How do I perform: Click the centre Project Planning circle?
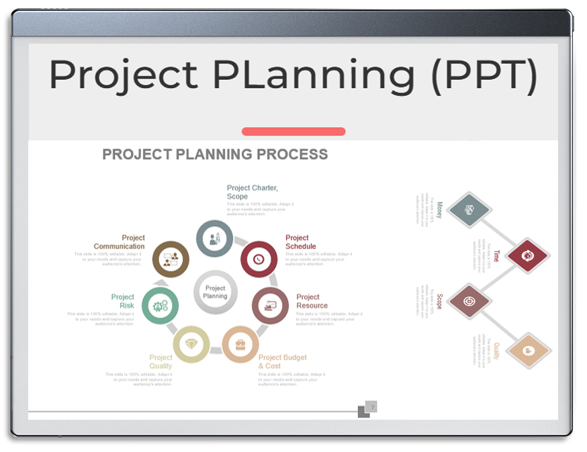(215, 292)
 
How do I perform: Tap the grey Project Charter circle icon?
(214, 238)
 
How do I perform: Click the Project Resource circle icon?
(270, 306)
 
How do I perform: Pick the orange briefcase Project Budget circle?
(240, 345)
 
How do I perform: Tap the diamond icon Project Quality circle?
(191, 344)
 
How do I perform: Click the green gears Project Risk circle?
(160, 306)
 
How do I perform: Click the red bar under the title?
(293, 132)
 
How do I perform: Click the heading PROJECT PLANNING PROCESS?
(215, 154)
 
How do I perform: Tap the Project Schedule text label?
(300, 242)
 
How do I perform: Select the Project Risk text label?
(123, 301)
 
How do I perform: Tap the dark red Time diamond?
(528, 255)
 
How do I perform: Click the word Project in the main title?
(124, 75)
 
